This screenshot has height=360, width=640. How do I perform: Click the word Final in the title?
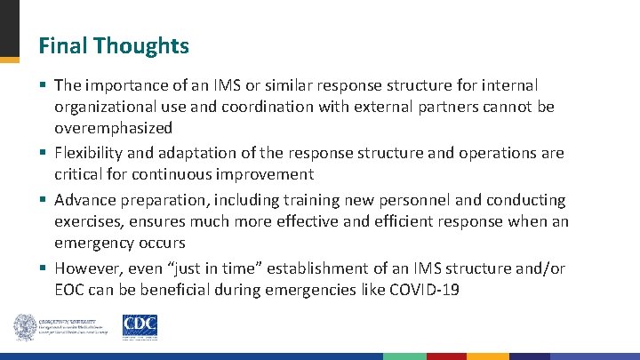click(x=61, y=45)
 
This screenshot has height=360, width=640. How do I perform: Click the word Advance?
click(x=84, y=200)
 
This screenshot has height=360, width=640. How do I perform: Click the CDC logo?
click(x=140, y=326)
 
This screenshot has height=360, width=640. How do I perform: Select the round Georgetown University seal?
click(x=25, y=327)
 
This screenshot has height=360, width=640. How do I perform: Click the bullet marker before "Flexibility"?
click(x=43, y=153)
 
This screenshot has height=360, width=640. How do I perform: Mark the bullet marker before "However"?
click(x=43, y=268)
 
